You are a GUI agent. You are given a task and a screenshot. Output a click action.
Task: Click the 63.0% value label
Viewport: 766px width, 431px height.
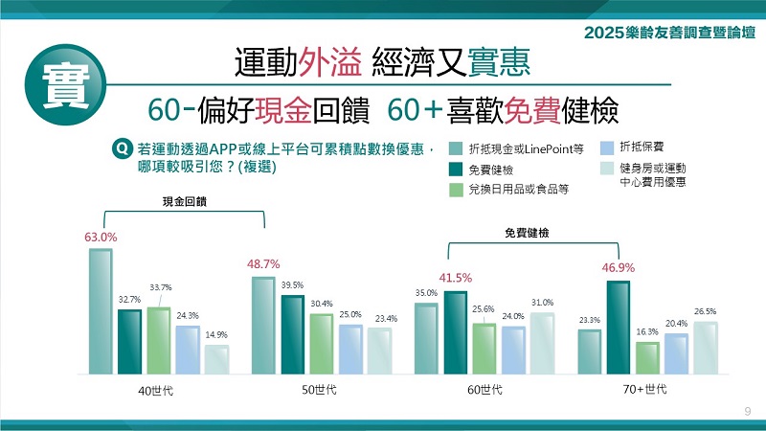(x=101, y=237)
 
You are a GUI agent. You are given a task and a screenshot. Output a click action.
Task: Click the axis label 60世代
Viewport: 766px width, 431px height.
(x=484, y=390)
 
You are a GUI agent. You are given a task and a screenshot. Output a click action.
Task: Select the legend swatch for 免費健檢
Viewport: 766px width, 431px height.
(x=454, y=170)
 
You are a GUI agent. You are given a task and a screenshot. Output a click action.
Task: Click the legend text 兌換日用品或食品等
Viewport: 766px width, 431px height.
(x=519, y=190)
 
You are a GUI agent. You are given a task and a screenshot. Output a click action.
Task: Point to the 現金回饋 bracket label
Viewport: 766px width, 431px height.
(x=183, y=202)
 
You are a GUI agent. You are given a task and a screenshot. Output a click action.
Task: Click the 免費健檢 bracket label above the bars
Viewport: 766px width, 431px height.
(x=527, y=232)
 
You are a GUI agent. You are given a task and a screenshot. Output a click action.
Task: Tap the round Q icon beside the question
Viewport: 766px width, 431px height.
(x=122, y=148)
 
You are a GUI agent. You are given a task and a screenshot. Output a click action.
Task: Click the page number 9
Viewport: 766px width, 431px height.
(x=747, y=411)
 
